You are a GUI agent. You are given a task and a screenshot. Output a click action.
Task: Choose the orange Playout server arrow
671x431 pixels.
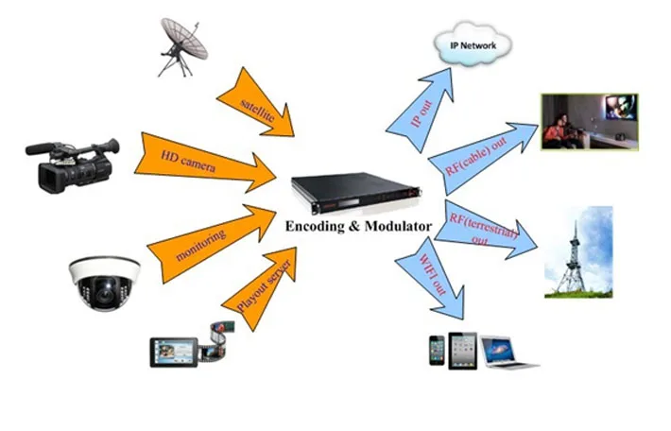tap(259, 285)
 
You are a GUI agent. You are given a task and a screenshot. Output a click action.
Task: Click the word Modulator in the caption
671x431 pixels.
tap(401, 227)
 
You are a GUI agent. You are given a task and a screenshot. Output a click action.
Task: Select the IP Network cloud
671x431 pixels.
tap(472, 43)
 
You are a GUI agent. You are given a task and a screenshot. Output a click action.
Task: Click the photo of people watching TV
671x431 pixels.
tap(589, 121)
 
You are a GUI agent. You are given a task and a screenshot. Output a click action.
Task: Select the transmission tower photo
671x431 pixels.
tap(577, 251)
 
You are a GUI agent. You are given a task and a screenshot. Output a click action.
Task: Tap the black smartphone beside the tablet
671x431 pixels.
tap(436, 350)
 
